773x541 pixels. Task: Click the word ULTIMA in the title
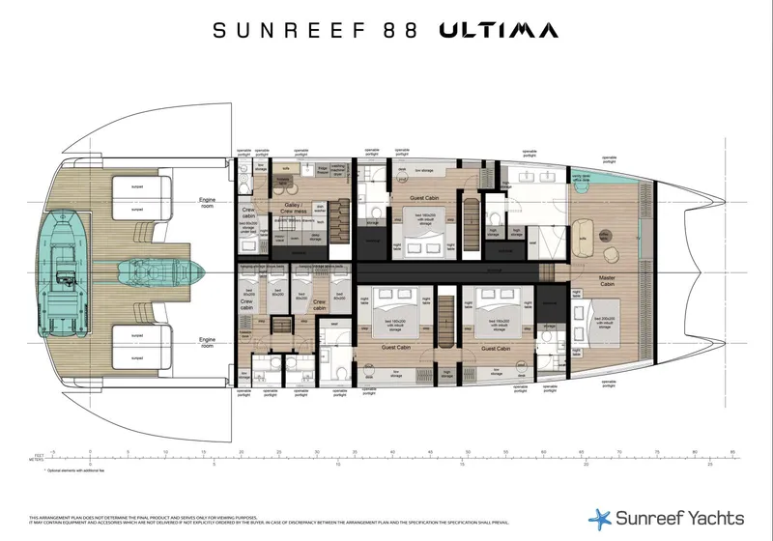coord(499,30)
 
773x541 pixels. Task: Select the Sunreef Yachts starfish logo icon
coord(600,517)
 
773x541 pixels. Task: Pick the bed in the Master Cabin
coord(605,324)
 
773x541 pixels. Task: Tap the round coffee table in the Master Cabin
coord(605,235)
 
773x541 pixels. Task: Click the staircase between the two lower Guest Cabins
coord(446,319)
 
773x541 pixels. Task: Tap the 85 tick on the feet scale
coord(733,452)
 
